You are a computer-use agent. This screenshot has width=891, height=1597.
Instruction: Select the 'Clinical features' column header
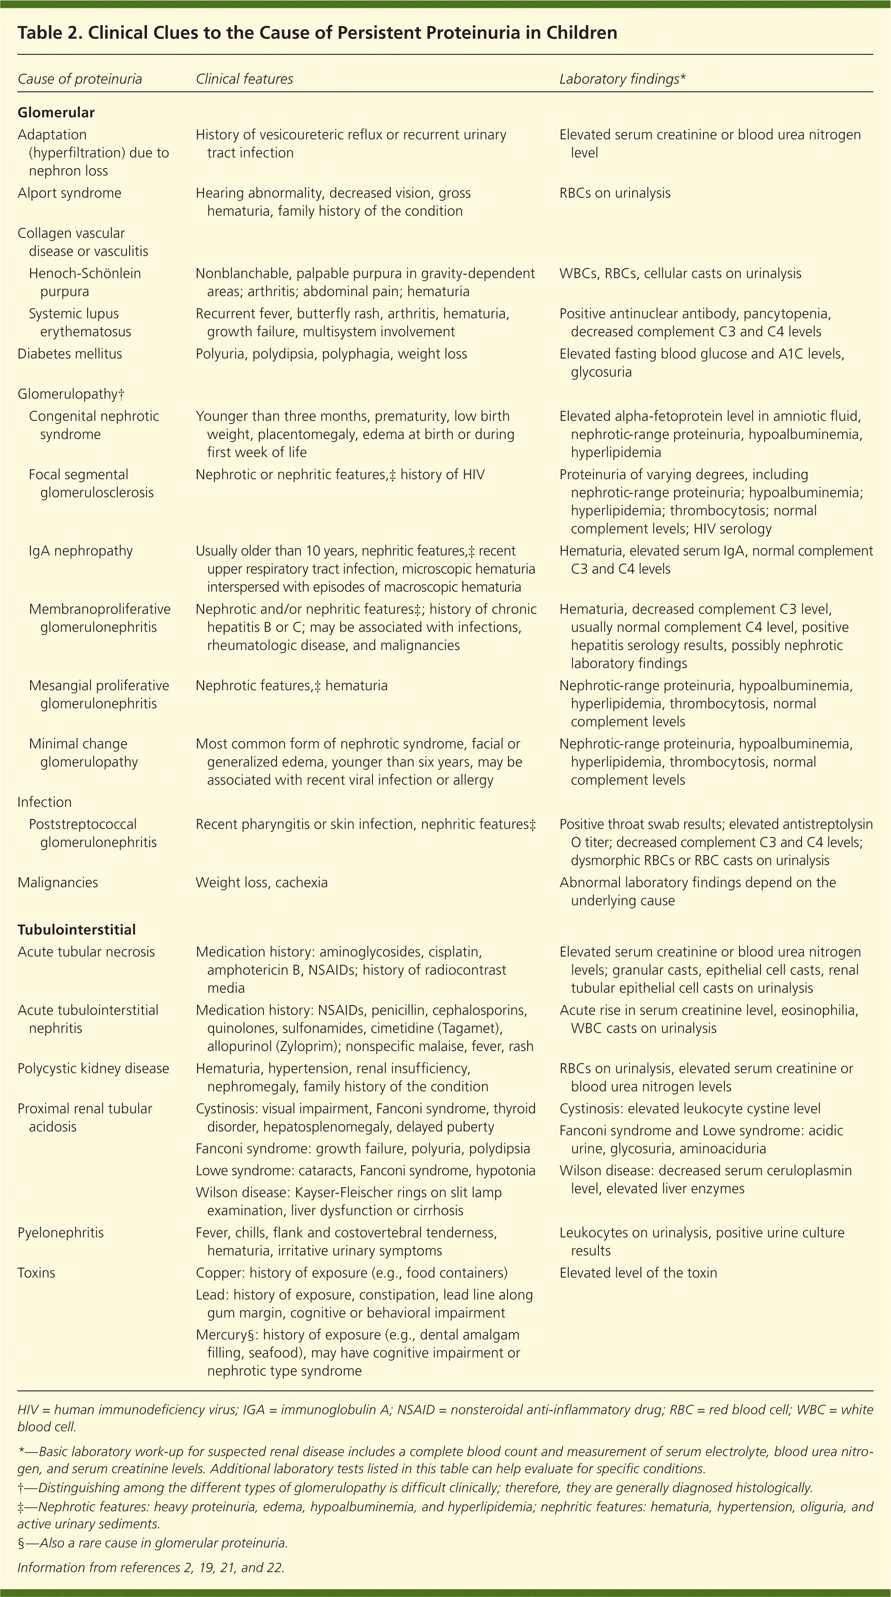pyautogui.click(x=244, y=79)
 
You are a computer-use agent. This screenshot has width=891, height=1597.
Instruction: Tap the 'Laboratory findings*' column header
pyautogui.click(x=622, y=79)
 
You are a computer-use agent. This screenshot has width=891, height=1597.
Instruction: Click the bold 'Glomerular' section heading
pyautogui.click(x=56, y=112)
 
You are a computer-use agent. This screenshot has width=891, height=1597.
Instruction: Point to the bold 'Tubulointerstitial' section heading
pyautogui.click(x=76, y=929)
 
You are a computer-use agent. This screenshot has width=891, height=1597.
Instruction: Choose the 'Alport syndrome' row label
pyautogui.click(x=69, y=193)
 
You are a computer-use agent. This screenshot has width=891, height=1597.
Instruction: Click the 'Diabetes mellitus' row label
pyautogui.click(x=69, y=354)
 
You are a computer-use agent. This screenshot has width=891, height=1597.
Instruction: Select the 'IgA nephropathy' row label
pyautogui.click(x=80, y=550)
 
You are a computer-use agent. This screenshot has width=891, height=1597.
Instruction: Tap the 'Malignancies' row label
pyautogui.click(x=58, y=882)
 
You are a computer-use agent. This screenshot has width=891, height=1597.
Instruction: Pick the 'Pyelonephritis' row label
pyautogui.click(x=61, y=1232)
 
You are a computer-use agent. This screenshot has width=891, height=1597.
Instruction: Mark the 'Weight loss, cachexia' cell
pyautogui.click(x=262, y=882)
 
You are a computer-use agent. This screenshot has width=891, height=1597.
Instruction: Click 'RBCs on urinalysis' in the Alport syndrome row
pyautogui.click(x=615, y=193)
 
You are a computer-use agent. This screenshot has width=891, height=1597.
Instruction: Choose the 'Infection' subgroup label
pyautogui.click(x=44, y=802)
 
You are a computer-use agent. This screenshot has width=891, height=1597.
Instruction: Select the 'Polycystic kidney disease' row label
pyautogui.click(x=93, y=1068)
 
